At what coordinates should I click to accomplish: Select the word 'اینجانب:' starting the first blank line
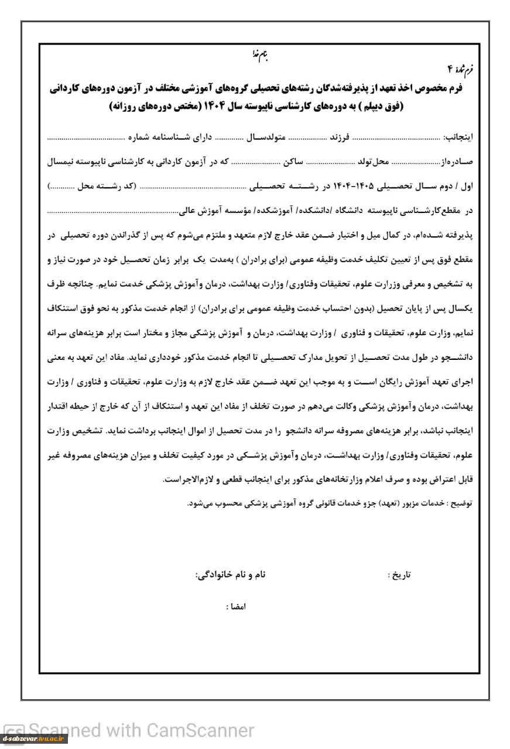[x=458, y=138]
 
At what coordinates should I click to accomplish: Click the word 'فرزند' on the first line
[x=339, y=138]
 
